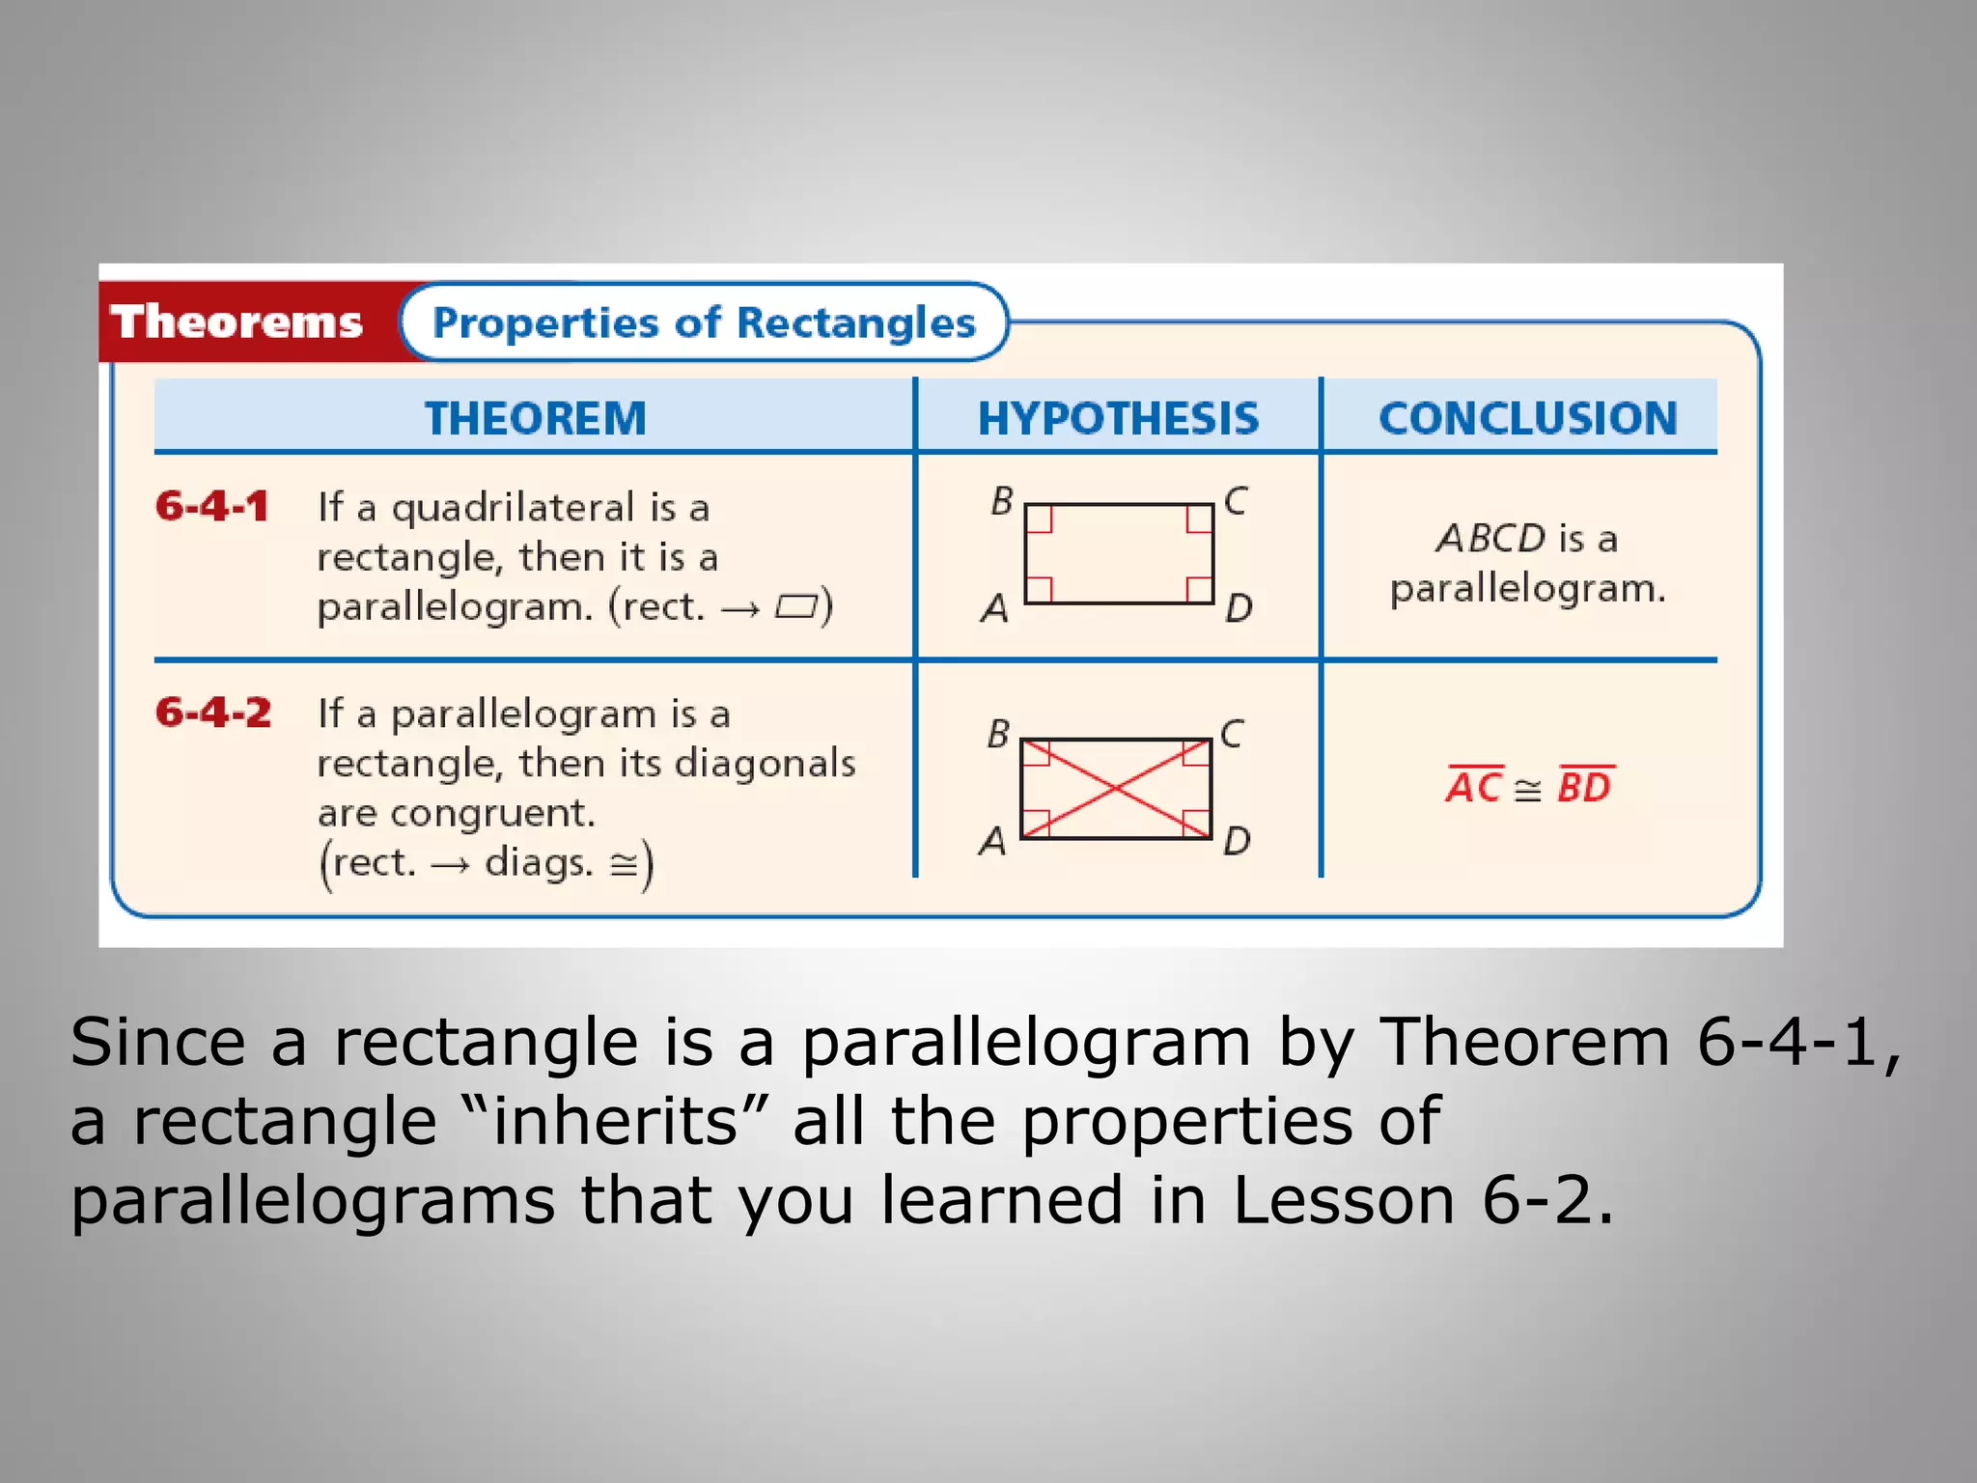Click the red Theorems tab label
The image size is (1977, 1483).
click(x=237, y=322)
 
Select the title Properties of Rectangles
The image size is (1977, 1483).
click(x=704, y=322)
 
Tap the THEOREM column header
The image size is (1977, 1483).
click(x=535, y=418)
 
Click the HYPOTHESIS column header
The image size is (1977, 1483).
click(x=1118, y=418)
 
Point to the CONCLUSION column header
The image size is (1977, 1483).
click(x=1527, y=418)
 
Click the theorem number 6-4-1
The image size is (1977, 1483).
click(x=211, y=506)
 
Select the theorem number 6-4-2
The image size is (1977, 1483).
click(x=213, y=713)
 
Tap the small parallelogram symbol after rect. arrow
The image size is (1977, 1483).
click(x=796, y=607)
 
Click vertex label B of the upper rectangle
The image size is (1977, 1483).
click(x=1001, y=501)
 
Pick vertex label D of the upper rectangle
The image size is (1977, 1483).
click(x=1239, y=608)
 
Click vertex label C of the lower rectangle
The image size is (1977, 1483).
click(x=1231, y=734)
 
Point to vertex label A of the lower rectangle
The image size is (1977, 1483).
click(x=992, y=841)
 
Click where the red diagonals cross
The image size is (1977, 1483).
click(x=1115, y=789)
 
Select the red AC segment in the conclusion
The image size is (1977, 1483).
click(x=1473, y=786)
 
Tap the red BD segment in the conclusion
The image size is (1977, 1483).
click(x=1584, y=786)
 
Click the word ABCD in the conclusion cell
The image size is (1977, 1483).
click(x=1490, y=539)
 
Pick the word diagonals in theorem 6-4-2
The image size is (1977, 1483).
click(x=765, y=763)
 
